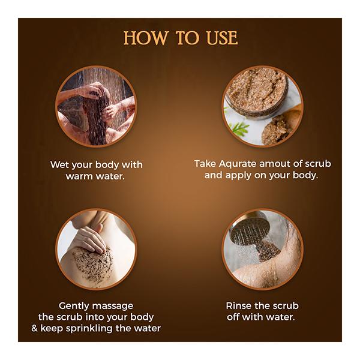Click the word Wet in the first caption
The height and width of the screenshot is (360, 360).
point(61,164)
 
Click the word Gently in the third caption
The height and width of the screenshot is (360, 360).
point(75,305)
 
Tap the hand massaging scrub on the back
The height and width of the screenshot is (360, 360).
point(88,237)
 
